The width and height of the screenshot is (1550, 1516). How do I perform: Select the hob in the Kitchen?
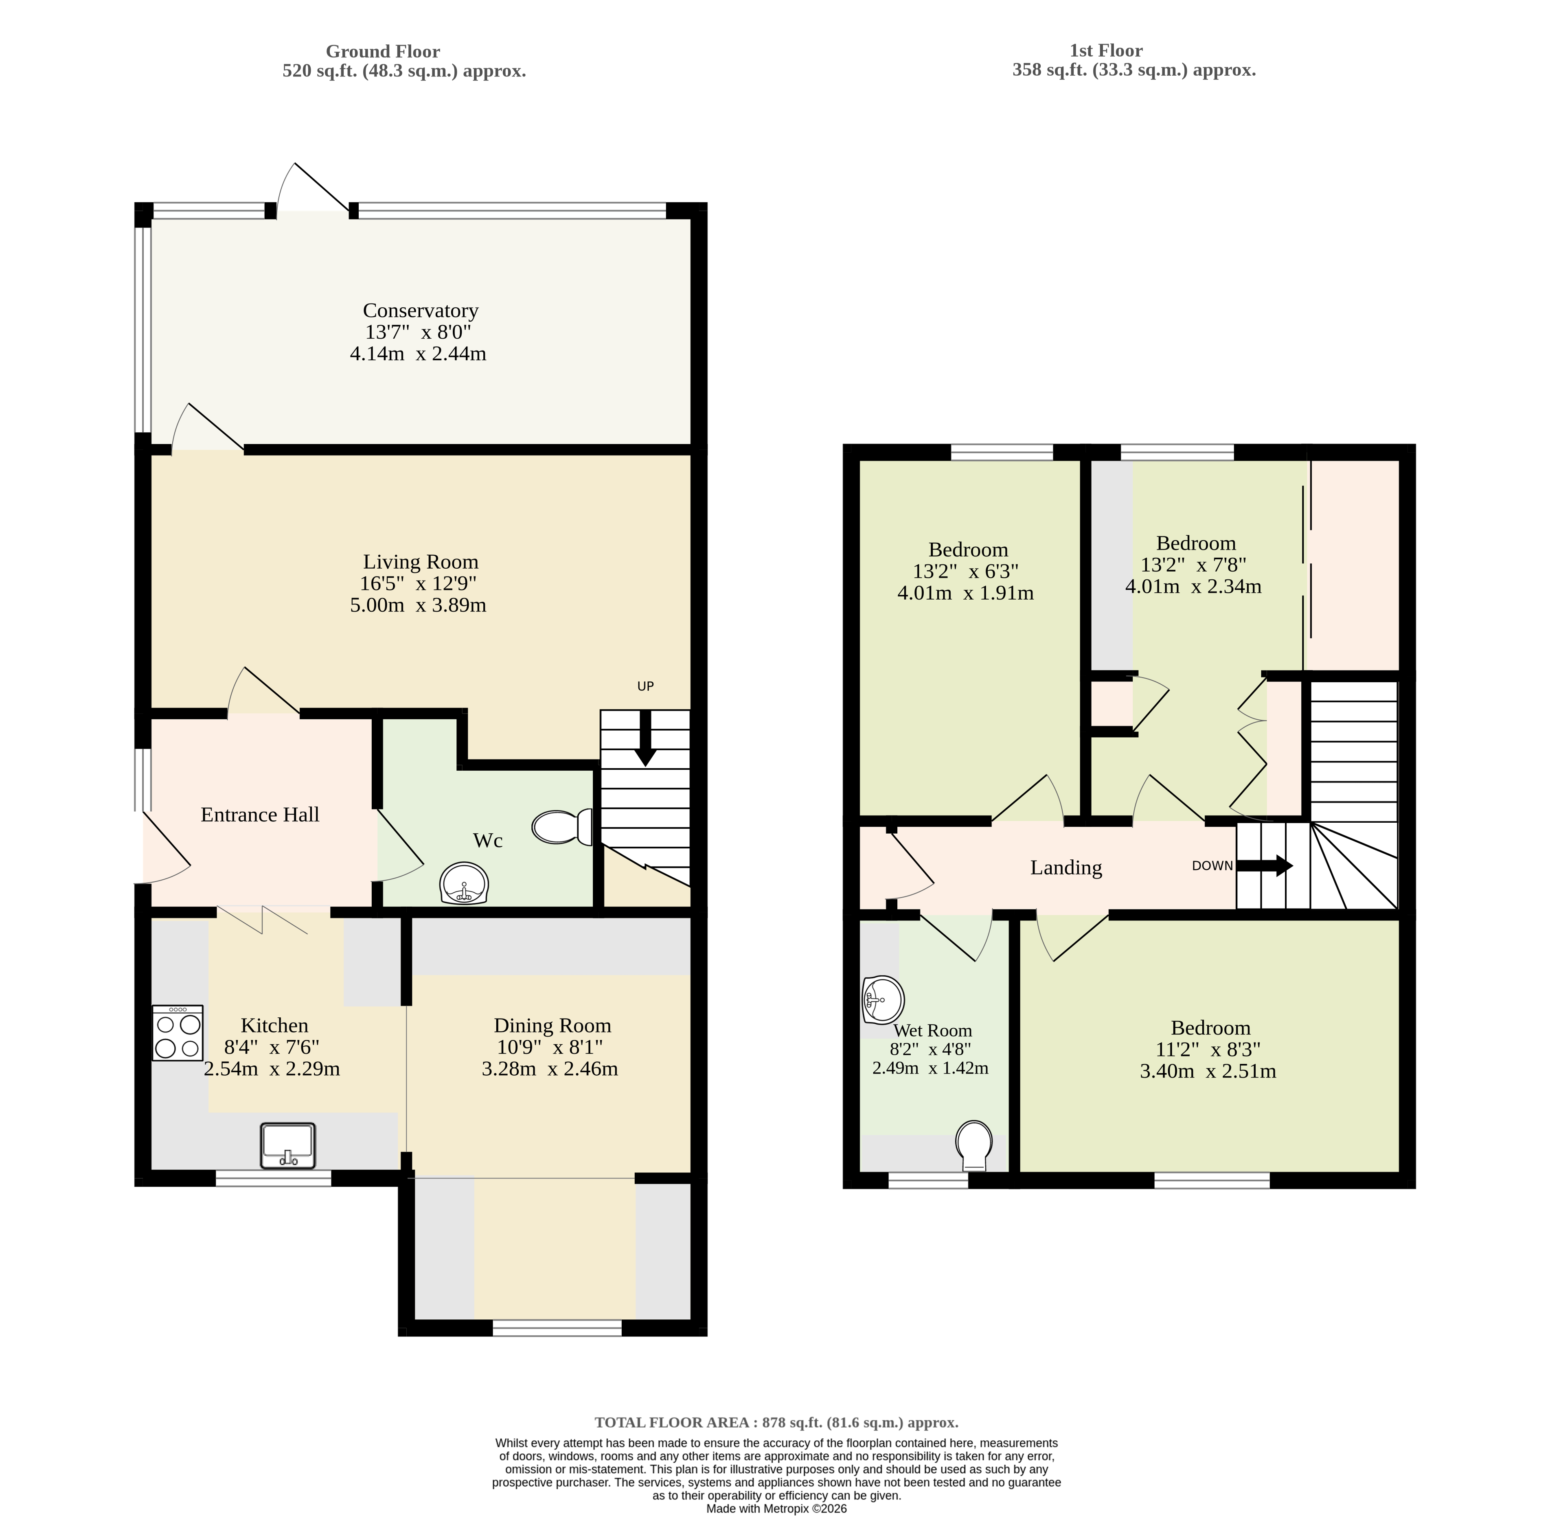click(x=178, y=1033)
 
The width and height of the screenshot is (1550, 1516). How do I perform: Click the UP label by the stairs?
click(x=645, y=686)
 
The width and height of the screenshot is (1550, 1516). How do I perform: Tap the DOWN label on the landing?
click(x=1212, y=865)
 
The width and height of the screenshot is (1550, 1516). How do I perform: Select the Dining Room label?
click(x=552, y=1025)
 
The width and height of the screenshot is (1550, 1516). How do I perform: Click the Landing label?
click(x=1066, y=868)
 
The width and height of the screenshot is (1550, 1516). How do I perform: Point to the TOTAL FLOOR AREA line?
click(x=776, y=1422)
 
